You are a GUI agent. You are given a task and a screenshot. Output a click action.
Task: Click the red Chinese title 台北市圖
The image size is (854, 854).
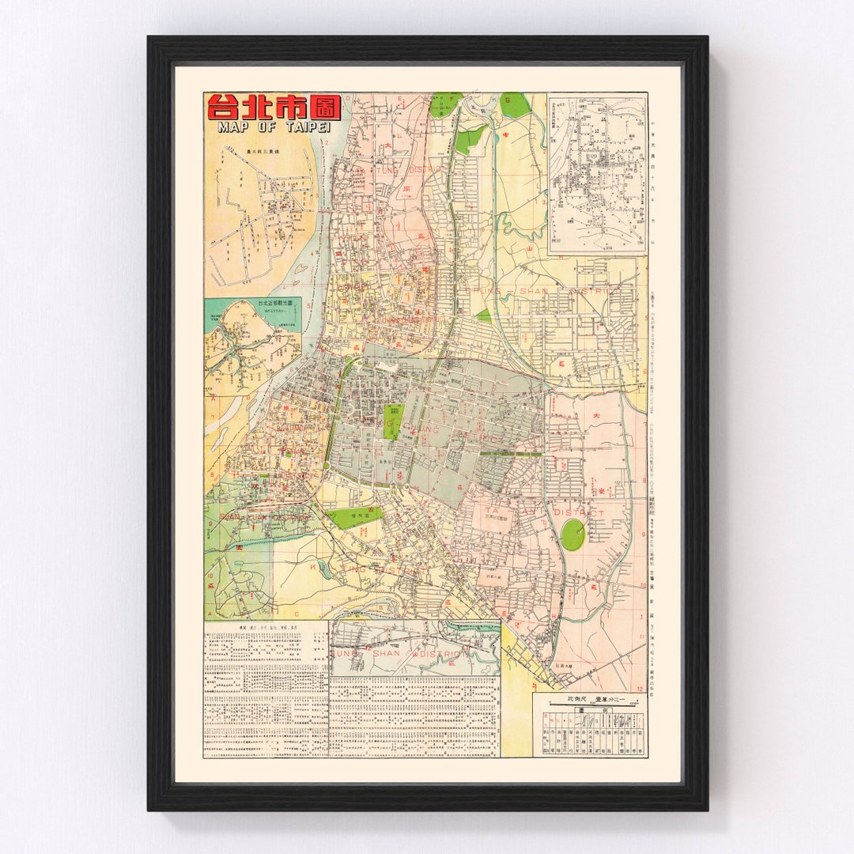[274, 107]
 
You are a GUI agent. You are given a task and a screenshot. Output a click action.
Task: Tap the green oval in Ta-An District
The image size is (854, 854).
[572, 535]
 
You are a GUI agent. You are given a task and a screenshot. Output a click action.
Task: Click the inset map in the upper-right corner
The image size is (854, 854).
[597, 174]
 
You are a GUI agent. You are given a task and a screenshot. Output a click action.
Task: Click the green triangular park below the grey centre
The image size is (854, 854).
[353, 518]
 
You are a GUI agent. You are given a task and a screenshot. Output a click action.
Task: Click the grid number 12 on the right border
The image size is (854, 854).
[640, 666]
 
